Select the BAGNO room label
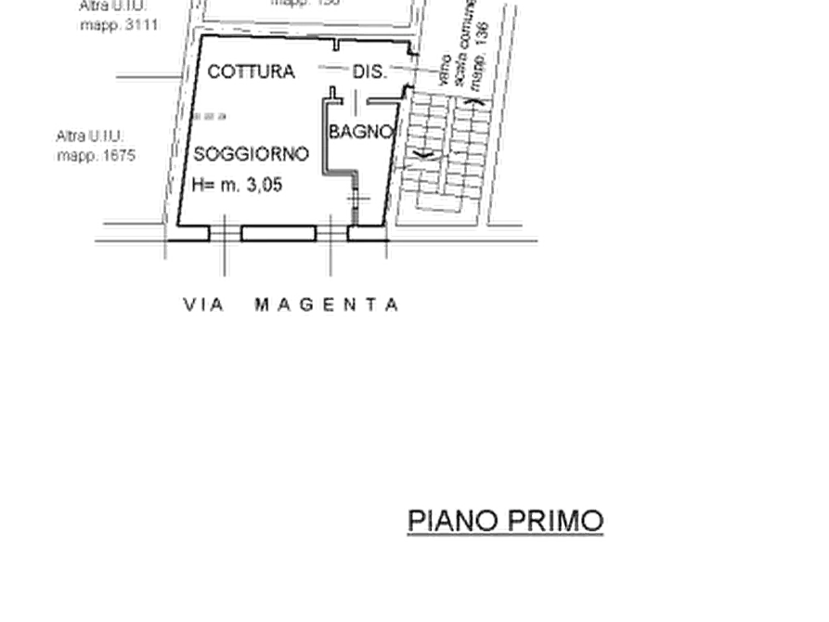359,132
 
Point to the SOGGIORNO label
252,153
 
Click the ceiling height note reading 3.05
237,185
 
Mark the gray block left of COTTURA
139,79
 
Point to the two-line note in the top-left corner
111,16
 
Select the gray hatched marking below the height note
223,236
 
